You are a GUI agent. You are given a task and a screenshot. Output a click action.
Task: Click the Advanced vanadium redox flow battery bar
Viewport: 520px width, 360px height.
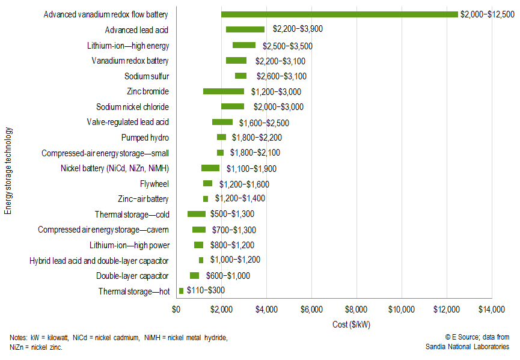[x=340, y=14]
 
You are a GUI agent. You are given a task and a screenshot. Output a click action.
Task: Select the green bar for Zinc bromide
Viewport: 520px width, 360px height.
[x=223, y=91]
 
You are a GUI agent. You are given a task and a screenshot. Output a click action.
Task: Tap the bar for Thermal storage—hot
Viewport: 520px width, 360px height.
[x=181, y=291]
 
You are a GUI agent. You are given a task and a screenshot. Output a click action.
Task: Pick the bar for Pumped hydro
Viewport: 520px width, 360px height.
[x=221, y=137]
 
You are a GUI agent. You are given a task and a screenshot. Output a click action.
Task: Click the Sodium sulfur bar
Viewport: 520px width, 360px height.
[x=240, y=76]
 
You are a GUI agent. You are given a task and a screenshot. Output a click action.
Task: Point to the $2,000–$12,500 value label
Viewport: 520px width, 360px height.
[x=487, y=14]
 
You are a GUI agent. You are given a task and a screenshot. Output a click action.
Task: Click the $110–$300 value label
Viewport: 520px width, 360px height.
[x=206, y=291]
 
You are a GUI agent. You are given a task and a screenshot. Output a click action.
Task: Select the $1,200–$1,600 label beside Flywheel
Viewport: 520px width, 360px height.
[x=244, y=184]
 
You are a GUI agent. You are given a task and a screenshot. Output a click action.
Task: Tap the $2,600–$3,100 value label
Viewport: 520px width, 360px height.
[x=281, y=76]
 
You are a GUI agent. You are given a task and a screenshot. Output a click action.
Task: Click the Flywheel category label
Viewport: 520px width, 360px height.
[x=154, y=184]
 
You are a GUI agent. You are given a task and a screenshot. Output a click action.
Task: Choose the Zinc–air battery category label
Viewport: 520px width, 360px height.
[x=143, y=199]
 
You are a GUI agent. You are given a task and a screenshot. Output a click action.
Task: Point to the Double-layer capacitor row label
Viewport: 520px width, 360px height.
[x=132, y=276]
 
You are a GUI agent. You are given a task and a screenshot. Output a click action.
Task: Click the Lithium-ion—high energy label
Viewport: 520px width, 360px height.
[x=127, y=46]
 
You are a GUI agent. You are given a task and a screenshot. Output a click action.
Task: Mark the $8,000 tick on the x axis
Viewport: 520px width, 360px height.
[x=356, y=310]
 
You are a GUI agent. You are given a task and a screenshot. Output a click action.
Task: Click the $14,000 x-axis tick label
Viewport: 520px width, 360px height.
[x=491, y=310]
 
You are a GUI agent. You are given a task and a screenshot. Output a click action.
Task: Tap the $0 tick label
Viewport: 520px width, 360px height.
[x=176, y=310]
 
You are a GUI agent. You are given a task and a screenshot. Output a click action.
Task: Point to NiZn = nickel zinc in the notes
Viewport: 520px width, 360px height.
[x=36, y=347]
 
